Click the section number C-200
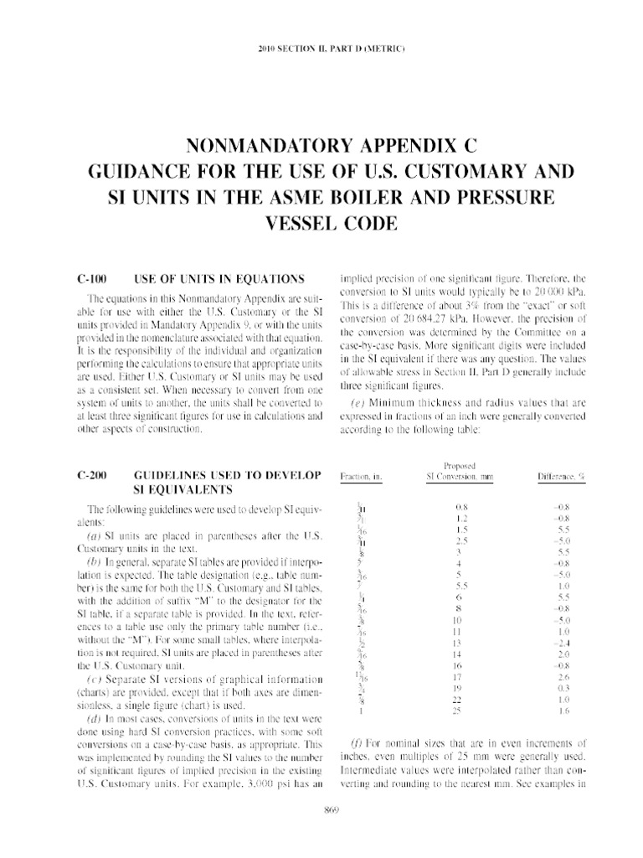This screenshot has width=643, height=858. click(x=90, y=474)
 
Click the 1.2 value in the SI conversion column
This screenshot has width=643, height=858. click(x=460, y=519)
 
